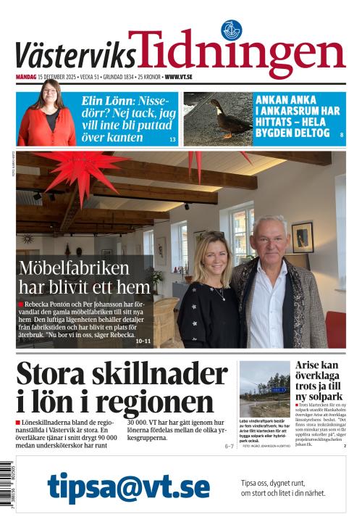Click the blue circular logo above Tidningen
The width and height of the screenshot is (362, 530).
point(231,30)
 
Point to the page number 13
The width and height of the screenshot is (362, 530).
point(172,138)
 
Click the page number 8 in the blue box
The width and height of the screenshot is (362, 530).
point(341,136)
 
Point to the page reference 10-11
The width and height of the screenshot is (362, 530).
point(143,341)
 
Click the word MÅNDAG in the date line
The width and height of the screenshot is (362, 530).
point(28,76)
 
